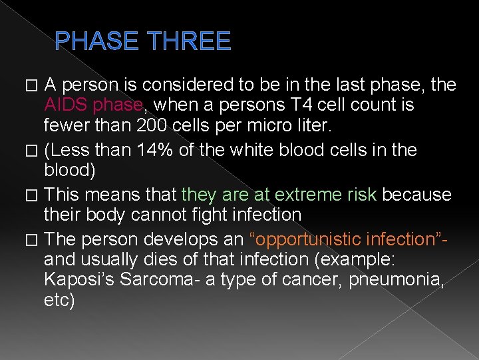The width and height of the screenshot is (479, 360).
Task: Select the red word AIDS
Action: click(x=66, y=105)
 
